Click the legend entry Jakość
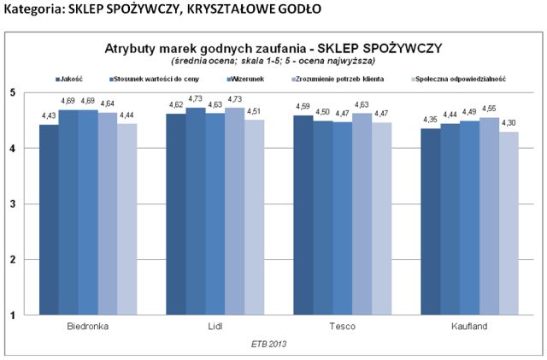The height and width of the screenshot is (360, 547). click(73, 79)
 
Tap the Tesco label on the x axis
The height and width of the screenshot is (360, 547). click(342, 328)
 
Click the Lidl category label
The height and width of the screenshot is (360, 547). click(214, 328)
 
